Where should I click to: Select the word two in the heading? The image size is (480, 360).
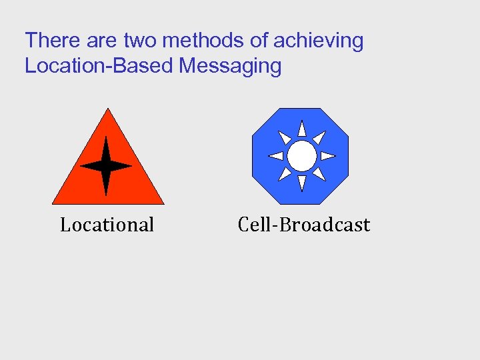pyautogui.click(x=140, y=41)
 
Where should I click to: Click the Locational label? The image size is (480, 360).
pyautogui.click(x=107, y=225)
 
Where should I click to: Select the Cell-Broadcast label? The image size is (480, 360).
pyautogui.click(x=303, y=225)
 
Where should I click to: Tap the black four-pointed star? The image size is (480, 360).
pyautogui.click(x=106, y=166)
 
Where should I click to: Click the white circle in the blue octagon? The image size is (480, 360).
pyautogui.click(x=301, y=156)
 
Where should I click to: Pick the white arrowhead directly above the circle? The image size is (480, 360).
pyautogui.click(x=301, y=129)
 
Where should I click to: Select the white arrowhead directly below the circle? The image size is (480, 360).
pyautogui.click(x=301, y=183)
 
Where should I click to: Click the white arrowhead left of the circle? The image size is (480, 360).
pyautogui.click(x=275, y=156)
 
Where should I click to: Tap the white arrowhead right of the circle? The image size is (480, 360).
pyautogui.click(x=327, y=156)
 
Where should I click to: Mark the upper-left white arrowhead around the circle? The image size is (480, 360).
pyautogui.click(x=284, y=138)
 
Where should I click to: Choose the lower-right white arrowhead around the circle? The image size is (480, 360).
pyautogui.click(x=319, y=174)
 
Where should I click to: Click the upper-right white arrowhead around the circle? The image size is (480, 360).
pyautogui.click(x=319, y=138)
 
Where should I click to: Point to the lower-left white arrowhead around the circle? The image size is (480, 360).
pyautogui.click(x=284, y=174)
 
